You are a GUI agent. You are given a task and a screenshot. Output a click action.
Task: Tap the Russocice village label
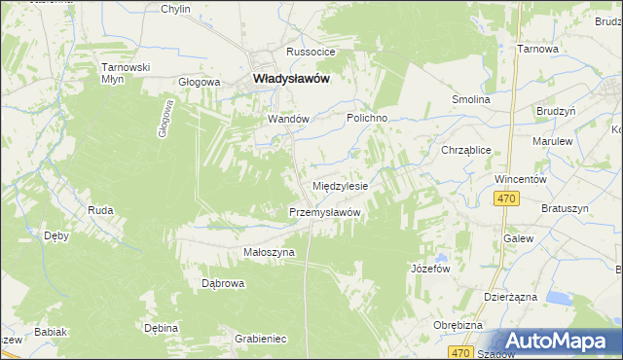pyautogui.click(x=310, y=52)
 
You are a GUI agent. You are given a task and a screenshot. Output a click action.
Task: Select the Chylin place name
pyautogui.click(x=175, y=9)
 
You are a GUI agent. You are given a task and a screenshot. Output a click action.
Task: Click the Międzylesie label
pyautogui.click(x=340, y=185)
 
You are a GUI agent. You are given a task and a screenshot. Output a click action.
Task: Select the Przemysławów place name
pyautogui.click(x=326, y=212)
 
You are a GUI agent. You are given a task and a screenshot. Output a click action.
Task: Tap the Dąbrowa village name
pyautogui.click(x=222, y=284)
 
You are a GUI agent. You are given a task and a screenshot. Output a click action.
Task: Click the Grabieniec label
pyautogui.click(x=260, y=339)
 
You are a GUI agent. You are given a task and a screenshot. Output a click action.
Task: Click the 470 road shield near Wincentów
pyautogui.click(x=504, y=199)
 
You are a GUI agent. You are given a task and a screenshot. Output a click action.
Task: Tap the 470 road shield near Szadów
pyautogui.click(x=461, y=352)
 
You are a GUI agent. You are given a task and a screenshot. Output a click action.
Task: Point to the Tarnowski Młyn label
pyautogui.click(x=126, y=73)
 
